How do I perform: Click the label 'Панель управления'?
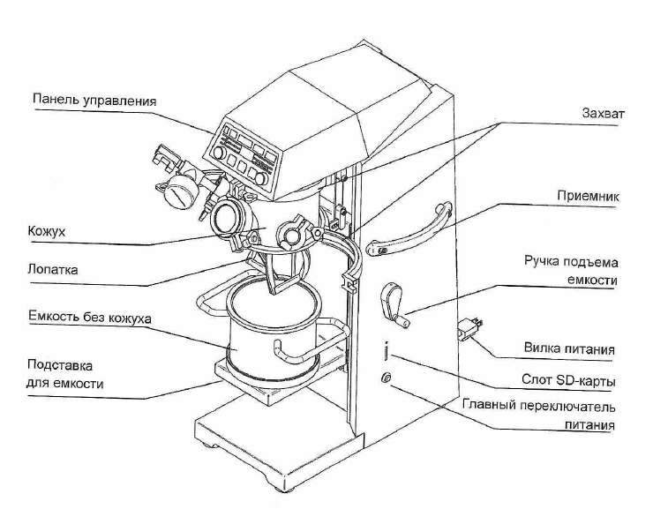94,101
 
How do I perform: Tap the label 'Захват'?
603,113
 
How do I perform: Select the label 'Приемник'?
588,196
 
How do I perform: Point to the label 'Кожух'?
47,231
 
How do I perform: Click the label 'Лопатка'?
52,269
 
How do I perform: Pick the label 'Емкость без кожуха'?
89,318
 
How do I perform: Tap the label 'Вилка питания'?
569,348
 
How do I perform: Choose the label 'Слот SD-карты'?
568,380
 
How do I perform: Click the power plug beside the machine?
469,327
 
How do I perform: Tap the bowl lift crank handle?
394,306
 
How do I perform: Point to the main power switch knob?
386,378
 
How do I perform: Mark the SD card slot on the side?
387,351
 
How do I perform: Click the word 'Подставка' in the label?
60,365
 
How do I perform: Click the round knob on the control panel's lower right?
261,178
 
